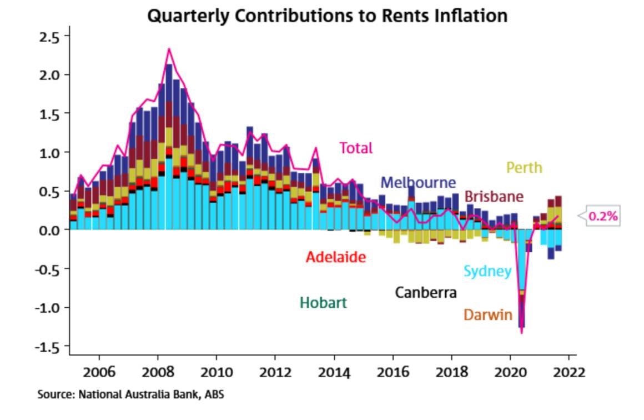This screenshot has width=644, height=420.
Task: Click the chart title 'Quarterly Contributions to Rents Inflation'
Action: [327, 15]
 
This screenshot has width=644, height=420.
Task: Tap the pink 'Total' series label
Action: [356, 148]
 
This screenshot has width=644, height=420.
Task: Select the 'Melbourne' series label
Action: [418, 182]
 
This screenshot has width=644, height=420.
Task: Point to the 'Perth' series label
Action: [524, 167]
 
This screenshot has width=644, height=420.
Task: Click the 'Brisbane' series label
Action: [494, 197]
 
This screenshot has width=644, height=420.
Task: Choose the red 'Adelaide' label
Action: [336, 257]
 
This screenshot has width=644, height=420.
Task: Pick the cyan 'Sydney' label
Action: [487, 271]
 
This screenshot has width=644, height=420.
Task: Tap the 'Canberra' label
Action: [425, 292]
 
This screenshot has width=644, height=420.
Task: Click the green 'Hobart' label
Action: [323, 303]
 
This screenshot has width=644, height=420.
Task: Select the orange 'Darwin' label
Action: [487, 315]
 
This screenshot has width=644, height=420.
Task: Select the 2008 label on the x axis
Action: [158, 372]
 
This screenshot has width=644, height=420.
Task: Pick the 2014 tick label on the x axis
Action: [334, 372]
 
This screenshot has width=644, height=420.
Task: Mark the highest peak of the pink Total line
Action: [169, 49]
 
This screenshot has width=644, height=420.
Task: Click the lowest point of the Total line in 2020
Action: [521, 332]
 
